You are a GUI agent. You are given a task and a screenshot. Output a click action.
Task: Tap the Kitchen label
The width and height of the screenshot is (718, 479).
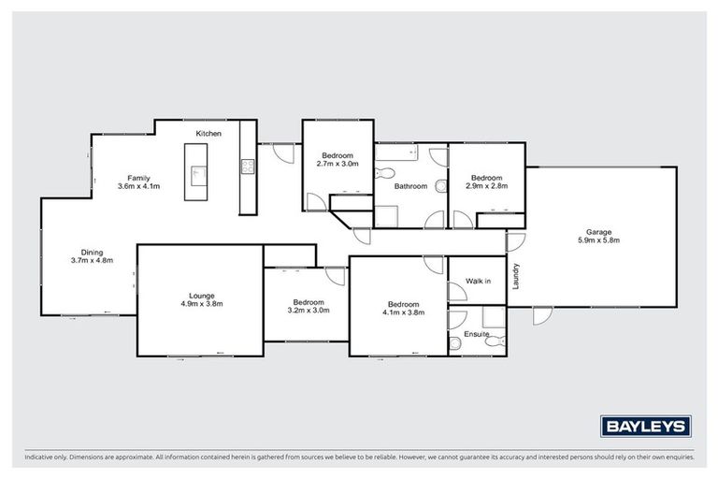pyautogui.click(x=208, y=135)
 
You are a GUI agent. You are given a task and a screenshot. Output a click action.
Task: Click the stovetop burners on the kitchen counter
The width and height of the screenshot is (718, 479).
pyautogui.click(x=248, y=167)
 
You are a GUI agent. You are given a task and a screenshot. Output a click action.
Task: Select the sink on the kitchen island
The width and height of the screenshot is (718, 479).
pyautogui.click(x=198, y=173)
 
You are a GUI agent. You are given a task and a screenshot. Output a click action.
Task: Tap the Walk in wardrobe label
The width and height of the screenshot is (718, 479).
pyautogui.click(x=479, y=280)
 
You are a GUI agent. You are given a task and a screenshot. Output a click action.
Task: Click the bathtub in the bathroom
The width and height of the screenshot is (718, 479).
pyautogui.click(x=397, y=151)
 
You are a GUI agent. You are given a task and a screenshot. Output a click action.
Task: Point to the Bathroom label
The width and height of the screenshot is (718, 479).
pyautogui.click(x=410, y=186)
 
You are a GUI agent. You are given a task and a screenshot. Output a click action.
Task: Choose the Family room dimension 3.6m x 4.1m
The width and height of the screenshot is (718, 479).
pyautogui.click(x=139, y=186)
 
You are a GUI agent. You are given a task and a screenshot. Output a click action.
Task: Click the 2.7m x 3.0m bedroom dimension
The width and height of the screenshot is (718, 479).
pyautogui.click(x=337, y=164)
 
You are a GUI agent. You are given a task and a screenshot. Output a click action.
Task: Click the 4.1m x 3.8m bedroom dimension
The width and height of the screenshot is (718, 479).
pyautogui.click(x=403, y=312)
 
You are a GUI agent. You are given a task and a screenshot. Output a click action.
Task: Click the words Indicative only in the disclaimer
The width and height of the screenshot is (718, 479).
pyautogui.click(x=43, y=457)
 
